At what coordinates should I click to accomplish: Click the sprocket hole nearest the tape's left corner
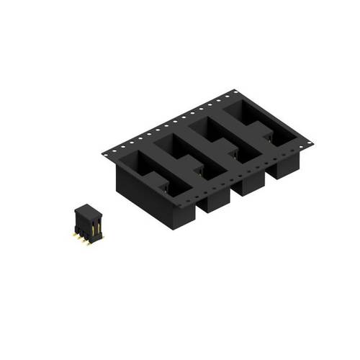(x=109, y=148)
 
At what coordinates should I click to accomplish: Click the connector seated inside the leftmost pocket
(x=165, y=188)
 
